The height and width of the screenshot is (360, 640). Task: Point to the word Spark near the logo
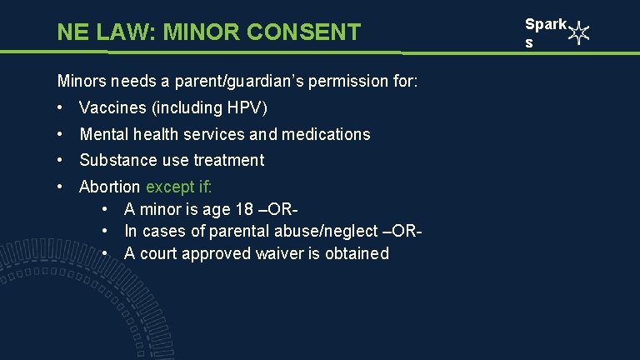[545, 25]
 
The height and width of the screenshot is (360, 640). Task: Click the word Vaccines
[110, 108]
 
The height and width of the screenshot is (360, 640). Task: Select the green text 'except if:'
[178, 187]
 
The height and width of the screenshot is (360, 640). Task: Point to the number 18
[247, 209]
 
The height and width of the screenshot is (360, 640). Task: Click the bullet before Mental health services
[62, 134]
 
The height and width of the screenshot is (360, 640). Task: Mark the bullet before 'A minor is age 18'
[107, 209]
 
